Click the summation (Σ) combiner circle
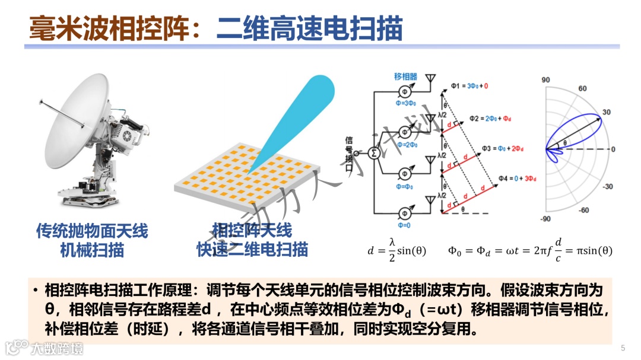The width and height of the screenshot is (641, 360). pyautogui.click(x=375, y=152)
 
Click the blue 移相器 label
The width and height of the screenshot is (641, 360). pyautogui.click(x=406, y=77)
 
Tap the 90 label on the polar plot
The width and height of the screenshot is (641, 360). pyautogui.click(x=547, y=79)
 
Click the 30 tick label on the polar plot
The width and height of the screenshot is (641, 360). pyautogui.click(x=606, y=112)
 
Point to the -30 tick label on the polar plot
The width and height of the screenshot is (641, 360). pyautogui.click(x=608, y=186)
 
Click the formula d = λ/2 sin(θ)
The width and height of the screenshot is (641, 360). pyautogui.click(x=396, y=250)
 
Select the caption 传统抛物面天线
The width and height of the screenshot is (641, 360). pyautogui.click(x=92, y=231)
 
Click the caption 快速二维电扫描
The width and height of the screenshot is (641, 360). pyautogui.click(x=252, y=249)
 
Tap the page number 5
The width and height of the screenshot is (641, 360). pyautogui.click(x=623, y=348)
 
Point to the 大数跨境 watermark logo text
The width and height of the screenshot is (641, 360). pyautogui.click(x=58, y=348)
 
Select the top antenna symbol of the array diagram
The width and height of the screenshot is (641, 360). pyautogui.click(x=431, y=79)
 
